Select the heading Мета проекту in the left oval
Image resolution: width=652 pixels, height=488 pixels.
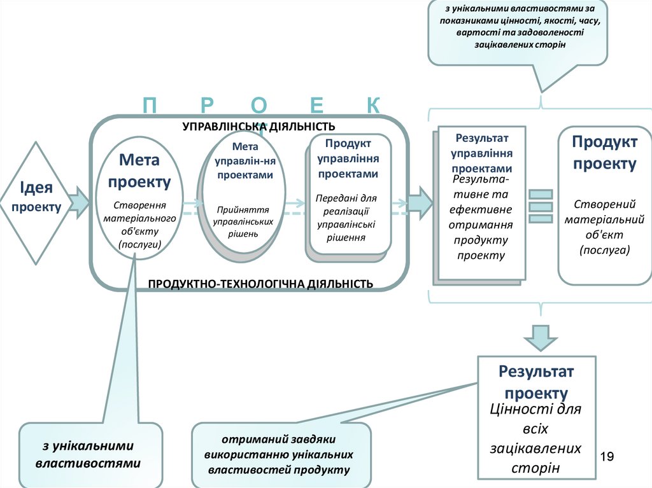point(139,170)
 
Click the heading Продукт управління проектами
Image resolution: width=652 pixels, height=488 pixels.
point(348,159)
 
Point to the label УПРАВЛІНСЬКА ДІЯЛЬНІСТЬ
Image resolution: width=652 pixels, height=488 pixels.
point(259,127)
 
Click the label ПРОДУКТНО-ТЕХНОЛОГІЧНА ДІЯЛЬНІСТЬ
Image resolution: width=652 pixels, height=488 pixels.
point(260,282)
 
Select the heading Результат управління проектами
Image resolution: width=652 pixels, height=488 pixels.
point(482,153)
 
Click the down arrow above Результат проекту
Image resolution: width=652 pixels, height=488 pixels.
point(540,337)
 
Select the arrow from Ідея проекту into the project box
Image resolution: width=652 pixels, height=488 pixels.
point(78,201)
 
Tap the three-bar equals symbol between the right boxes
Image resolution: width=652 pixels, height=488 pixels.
point(540,206)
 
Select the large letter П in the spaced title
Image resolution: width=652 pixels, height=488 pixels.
point(150,106)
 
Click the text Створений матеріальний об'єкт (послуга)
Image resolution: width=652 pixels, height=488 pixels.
point(604,227)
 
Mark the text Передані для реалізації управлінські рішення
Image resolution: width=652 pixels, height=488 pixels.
point(346,218)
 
